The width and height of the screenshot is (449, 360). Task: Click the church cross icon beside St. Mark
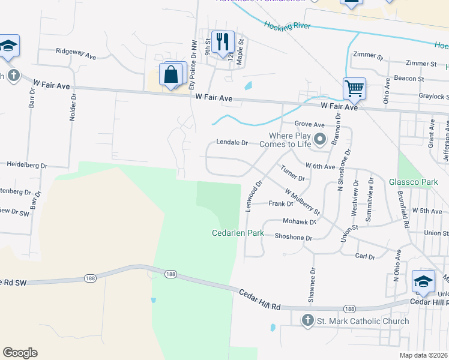click(308, 321)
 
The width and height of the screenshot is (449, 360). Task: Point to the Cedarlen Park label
click(238, 233)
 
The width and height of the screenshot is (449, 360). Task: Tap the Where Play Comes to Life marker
click(320, 140)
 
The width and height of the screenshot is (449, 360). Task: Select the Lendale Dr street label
click(232, 143)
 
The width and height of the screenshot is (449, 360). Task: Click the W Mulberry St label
click(303, 203)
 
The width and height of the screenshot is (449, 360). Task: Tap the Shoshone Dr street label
click(294, 238)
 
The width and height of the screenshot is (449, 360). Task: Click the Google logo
click(20, 353)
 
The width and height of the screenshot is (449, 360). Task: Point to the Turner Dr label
click(293, 173)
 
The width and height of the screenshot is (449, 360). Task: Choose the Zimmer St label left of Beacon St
click(367, 56)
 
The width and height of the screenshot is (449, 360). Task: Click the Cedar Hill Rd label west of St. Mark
click(259, 298)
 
